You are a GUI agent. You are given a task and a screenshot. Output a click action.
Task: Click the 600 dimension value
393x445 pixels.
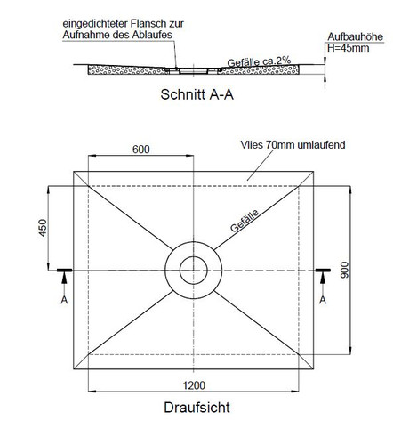coord(141,149)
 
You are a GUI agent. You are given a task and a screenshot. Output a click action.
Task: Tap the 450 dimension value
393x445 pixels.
coord(43,228)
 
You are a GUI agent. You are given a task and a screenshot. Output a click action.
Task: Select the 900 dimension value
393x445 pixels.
coord(344,270)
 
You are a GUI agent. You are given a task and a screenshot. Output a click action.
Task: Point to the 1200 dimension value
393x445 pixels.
coord(194,385)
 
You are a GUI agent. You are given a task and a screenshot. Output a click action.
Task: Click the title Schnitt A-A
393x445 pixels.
coord(197,94)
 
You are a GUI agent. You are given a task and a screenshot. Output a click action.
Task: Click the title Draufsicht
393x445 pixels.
coord(196,408)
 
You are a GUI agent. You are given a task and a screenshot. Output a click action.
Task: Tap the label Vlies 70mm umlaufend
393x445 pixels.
coord(293,145)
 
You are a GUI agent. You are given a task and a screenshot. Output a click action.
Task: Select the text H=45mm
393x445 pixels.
coord(349,48)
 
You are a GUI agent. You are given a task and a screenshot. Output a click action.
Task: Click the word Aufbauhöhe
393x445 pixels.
coord(356,36)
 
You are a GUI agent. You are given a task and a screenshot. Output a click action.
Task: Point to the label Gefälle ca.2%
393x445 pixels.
coord(259,61)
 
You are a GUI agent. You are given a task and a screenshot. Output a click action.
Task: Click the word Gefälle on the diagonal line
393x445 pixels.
coord(245,221)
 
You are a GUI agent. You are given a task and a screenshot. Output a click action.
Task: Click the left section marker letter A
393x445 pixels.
coord(64,300)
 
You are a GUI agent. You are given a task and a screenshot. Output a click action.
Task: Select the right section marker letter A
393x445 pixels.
coord(323,300)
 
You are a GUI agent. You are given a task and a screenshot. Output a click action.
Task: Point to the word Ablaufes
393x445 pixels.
coord(152,35)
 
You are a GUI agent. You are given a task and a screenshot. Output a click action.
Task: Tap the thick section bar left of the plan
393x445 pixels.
coord(64,271)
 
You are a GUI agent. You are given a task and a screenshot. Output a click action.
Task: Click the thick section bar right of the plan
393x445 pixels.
coord(323,271)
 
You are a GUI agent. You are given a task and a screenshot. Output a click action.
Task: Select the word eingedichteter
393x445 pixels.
coord(95,24)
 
